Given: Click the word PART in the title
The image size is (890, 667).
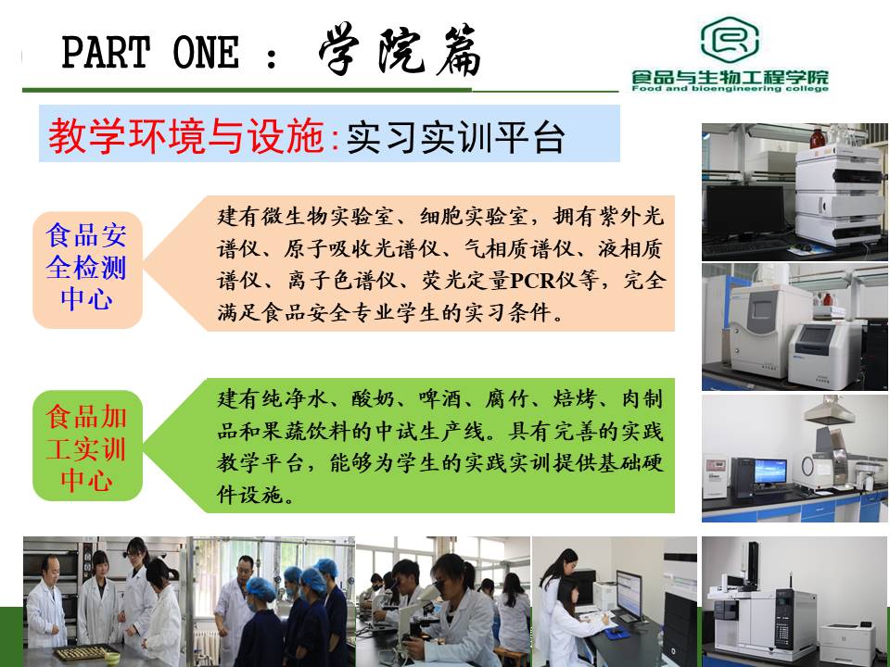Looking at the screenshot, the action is point(106,52).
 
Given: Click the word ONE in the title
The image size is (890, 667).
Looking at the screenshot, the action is point(206,52).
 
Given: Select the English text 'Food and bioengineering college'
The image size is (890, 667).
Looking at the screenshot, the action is point(730,88).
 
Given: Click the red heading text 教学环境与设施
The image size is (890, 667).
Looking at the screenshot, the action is point(186,136).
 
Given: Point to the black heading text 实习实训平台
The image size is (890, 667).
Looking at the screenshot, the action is point(455,137).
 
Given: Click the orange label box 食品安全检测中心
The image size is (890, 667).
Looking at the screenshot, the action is point(87,270).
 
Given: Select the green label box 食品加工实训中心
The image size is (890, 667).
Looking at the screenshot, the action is point(87,446).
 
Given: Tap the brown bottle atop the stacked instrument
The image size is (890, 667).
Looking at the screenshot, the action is point(817,138).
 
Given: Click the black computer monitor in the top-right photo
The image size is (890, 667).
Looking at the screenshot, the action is point(744,211).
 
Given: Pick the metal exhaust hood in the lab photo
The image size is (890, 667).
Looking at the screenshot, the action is point(829,409).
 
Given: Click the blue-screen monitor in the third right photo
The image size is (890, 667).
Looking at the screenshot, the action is point(769,472).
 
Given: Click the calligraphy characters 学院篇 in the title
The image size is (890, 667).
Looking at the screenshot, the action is point(400,51).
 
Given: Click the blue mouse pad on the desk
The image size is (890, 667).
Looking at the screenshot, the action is point(617,633).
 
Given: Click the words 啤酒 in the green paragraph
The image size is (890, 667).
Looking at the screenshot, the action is point(439,399).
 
